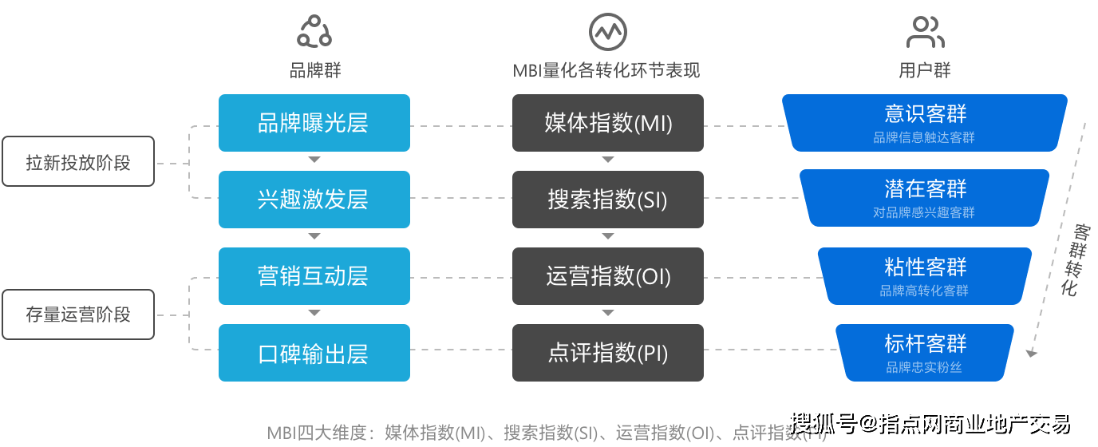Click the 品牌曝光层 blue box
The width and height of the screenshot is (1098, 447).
(314, 123)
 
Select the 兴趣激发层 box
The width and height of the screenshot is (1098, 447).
(314, 200)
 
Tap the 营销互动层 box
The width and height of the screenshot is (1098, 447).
(314, 276)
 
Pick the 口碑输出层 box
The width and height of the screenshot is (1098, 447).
(314, 353)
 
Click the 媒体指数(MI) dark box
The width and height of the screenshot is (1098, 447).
(608, 123)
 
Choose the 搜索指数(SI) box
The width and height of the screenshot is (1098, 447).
(608, 200)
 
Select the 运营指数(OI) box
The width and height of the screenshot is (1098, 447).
(608, 276)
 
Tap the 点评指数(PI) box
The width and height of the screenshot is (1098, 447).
(608, 353)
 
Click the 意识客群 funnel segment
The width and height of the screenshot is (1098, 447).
(925, 122)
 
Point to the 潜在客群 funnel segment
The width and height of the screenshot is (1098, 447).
(925, 199)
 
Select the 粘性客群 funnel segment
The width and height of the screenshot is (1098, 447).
(925, 275)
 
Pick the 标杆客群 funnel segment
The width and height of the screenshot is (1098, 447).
(925, 352)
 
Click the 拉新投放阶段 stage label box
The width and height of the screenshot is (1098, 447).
(78, 163)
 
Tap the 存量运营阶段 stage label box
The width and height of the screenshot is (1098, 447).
(78, 314)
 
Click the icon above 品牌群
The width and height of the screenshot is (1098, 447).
(314, 31)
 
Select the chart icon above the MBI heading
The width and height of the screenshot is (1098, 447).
(607, 31)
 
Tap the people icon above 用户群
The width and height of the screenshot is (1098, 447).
(925, 32)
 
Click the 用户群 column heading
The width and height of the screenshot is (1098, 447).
(925, 70)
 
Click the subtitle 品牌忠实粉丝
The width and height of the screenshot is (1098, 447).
(924, 368)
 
